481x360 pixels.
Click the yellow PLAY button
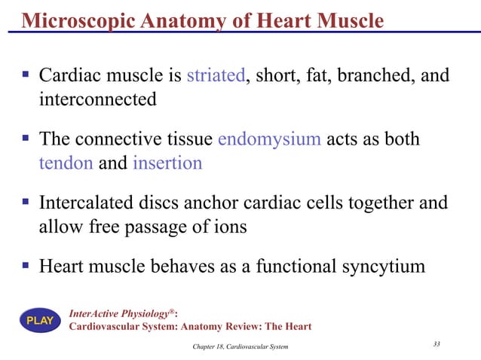[40, 321]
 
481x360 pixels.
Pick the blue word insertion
[167, 163]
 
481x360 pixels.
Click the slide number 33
[437, 344]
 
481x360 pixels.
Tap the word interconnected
[97, 99]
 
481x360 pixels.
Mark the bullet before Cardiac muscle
[25, 75]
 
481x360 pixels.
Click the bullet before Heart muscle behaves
[25, 266]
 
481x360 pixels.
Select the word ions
[231, 227]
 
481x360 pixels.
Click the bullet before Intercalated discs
[25, 203]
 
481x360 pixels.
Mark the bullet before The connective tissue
[25, 139]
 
